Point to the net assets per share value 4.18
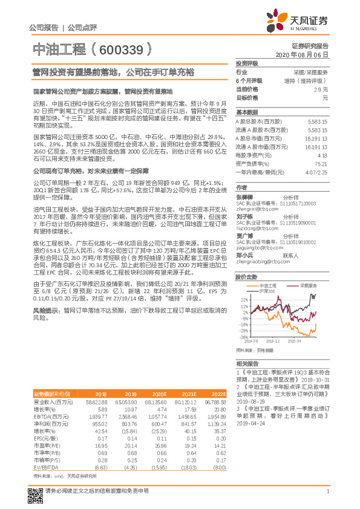point(322,155)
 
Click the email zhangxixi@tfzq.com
point(254,209)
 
